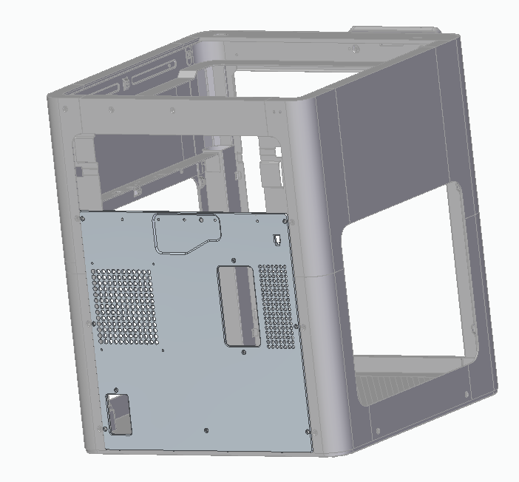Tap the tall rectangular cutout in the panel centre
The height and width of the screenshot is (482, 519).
click(x=237, y=305)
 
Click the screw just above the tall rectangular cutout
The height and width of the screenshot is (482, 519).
click(x=234, y=261)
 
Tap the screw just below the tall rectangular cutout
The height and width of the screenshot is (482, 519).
click(x=245, y=353)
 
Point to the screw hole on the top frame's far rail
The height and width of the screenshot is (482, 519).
click(x=355, y=50)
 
